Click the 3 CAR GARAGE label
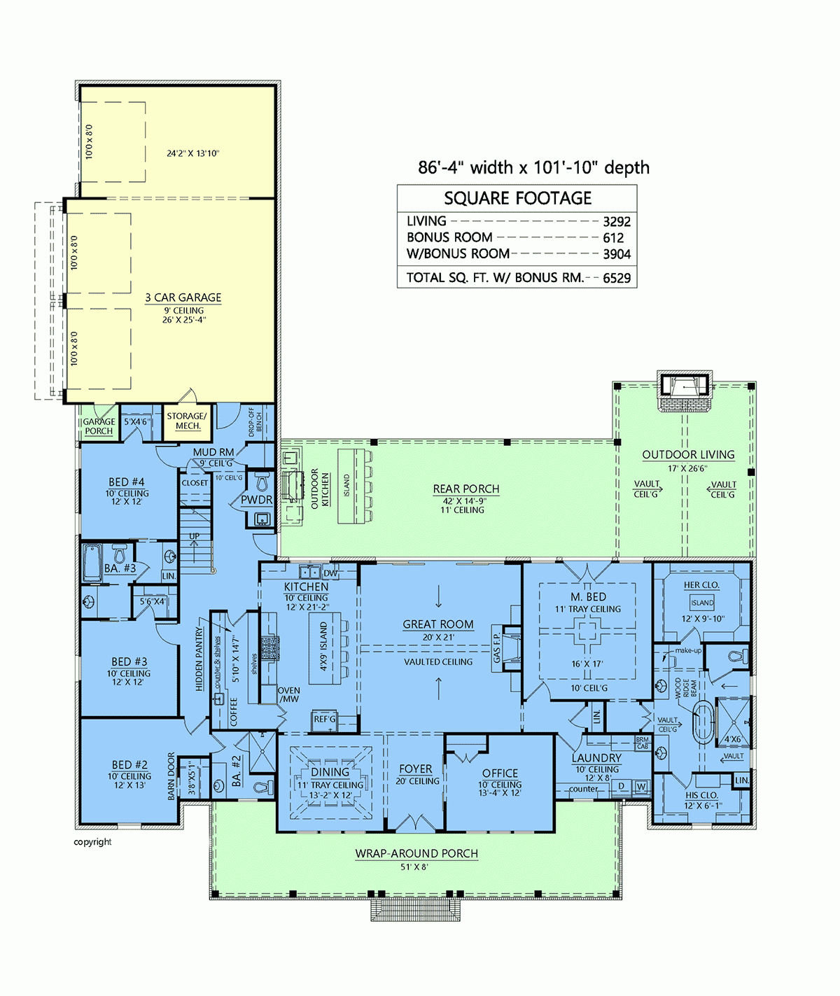pos(183,297)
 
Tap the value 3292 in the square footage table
pos(617,222)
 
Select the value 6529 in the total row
pos(617,278)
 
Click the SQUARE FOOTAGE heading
pos(517,198)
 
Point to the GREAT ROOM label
pos(438,624)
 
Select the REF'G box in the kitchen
pos(325,720)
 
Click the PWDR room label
pos(256,500)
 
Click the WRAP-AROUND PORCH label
pos(416,854)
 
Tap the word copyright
pos(92,842)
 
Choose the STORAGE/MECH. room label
pos(187,421)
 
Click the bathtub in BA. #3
pos(92,563)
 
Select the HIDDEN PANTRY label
pos(199,659)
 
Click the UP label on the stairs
pos(195,536)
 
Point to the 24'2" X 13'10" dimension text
pos(192,153)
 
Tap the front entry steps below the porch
pos(416,910)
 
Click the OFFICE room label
pos(500,773)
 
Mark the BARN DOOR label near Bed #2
pos(171,776)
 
